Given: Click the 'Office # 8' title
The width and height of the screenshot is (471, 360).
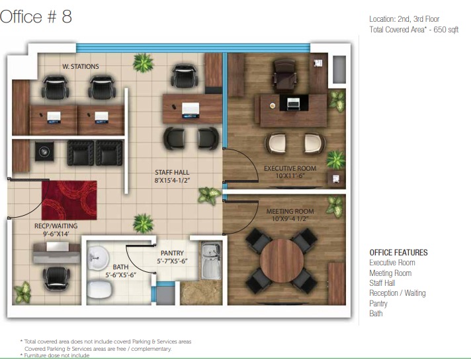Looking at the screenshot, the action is [x=36, y=17].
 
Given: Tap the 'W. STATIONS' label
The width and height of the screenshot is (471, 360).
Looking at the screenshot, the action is [x=81, y=66].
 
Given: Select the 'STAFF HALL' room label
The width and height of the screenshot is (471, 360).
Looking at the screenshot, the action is [x=172, y=173].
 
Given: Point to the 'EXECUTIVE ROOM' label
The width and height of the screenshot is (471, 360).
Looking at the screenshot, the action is [x=290, y=168].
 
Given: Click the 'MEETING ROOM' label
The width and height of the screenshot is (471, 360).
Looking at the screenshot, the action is [x=290, y=211].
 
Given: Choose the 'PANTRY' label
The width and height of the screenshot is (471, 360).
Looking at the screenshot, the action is [x=172, y=253].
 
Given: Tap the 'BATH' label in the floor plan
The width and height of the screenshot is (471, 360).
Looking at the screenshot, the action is [x=120, y=267].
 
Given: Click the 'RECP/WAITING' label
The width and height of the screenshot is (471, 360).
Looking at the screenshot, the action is [x=56, y=226].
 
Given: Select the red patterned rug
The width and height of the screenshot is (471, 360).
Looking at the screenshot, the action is [x=69, y=200].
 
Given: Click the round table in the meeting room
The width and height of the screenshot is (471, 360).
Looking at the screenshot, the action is [x=281, y=261].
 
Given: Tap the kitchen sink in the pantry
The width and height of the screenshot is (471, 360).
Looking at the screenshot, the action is [x=211, y=260].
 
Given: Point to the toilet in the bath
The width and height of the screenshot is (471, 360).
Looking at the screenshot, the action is [x=100, y=289].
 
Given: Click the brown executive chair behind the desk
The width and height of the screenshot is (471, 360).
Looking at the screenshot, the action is [x=284, y=75].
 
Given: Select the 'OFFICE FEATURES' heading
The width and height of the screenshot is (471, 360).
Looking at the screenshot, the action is [x=398, y=252].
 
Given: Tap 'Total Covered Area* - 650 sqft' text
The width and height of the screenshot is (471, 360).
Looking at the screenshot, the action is [x=414, y=30].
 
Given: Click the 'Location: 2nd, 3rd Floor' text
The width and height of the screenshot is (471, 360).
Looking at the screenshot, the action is [x=404, y=19].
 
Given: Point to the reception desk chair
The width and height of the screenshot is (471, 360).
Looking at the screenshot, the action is [x=56, y=278].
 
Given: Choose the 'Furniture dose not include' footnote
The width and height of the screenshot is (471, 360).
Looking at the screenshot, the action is [x=55, y=355].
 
